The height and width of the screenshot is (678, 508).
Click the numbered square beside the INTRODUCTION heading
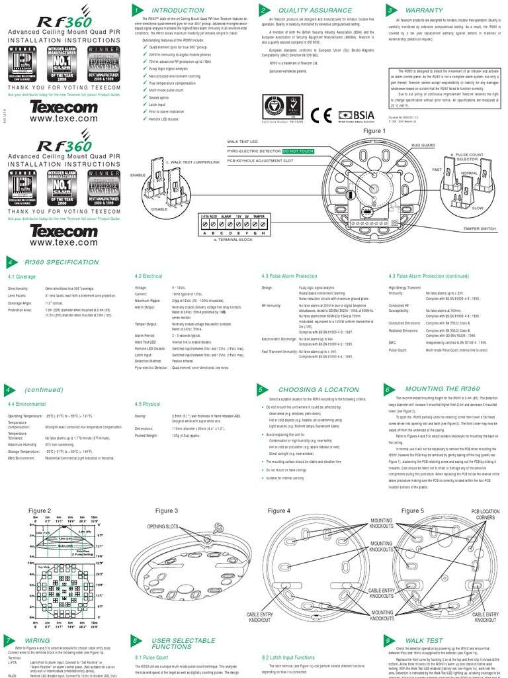pyautogui.click(x=136, y=11)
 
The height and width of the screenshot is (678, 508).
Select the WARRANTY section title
pyautogui.click(x=423, y=11)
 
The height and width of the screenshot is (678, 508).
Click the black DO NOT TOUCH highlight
pyautogui.click(x=299, y=152)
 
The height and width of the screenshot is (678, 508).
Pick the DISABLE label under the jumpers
pyautogui.click(x=159, y=209)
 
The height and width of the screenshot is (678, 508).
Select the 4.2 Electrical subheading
pyautogui.click(x=148, y=276)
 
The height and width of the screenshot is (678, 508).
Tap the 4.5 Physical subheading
pyautogui.click(x=147, y=403)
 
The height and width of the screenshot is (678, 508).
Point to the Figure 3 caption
pyautogui.click(x=166, y=511)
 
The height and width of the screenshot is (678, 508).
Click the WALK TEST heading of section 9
pyautogui.click(x=424, y=641)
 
